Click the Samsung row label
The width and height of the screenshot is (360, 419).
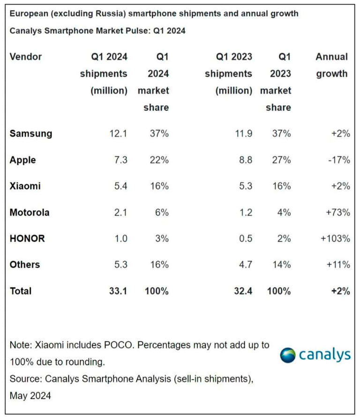coord(30,134)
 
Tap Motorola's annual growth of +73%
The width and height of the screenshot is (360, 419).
coord(336,212)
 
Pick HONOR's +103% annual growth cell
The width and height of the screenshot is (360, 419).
coord(335,238)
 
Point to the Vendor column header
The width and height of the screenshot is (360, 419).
coord(26,57)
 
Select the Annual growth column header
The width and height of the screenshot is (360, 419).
coord(331,65)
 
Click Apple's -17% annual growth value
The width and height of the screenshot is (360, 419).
coord(337,160)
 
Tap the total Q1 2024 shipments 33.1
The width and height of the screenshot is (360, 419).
coord(118,291)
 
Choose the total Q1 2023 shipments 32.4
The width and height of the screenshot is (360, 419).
coord(243,291)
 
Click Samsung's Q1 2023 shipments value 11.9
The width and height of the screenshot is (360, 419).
coord(243,134)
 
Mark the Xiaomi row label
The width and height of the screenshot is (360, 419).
coord(25,186)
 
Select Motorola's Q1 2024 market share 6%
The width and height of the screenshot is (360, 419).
coord(161,212)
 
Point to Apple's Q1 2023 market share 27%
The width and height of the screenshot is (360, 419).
coord(281,160)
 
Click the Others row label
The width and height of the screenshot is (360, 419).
coord(24,265)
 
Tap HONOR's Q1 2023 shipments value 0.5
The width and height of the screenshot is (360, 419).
coord(245,238)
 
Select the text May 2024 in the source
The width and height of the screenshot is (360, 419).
coord(30,396)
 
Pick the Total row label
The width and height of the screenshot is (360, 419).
coord(21,291)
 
